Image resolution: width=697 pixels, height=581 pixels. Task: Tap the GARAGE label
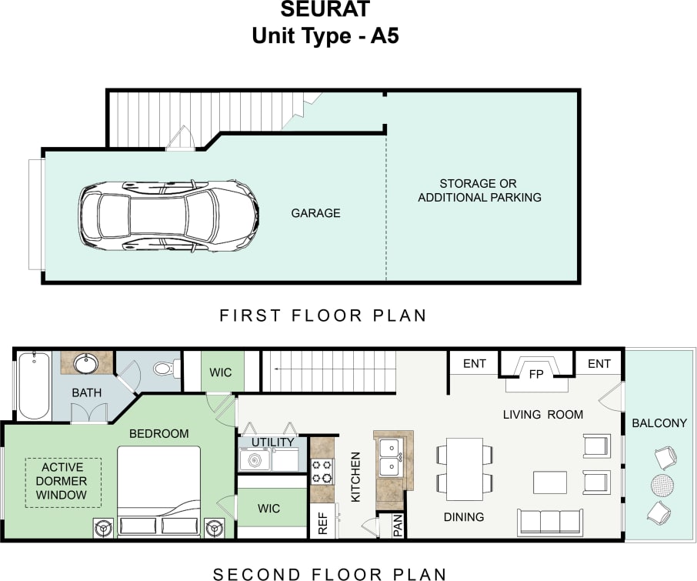point(315,213)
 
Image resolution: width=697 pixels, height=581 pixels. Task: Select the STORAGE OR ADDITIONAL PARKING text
point(479,191)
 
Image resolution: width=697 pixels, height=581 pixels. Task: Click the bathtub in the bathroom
point(34,386)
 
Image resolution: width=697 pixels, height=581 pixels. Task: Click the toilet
point(163,369)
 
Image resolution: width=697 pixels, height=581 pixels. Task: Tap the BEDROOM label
point(158,434)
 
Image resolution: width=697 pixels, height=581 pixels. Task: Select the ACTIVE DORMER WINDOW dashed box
point(63,482)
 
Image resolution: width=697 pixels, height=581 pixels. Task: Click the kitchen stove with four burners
point(322,471)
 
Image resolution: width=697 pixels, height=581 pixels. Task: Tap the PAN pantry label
point(398,525)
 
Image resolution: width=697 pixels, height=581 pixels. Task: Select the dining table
point(464,469)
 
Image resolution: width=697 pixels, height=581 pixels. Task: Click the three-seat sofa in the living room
point(549,522)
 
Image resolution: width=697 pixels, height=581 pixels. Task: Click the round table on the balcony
point(661,485)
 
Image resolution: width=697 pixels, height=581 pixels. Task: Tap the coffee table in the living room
point(550,482)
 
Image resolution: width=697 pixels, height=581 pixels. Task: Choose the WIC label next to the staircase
point(222,372)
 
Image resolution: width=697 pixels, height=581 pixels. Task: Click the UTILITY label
point(273,442)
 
